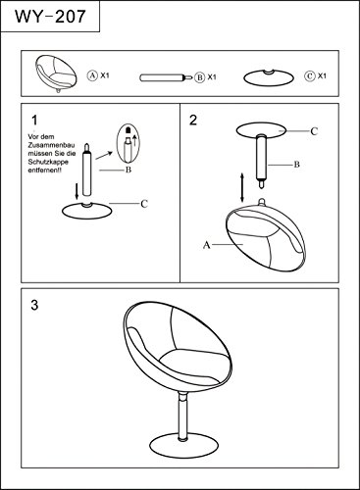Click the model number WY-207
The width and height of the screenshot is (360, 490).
pyautogui.click(x=50, y=16)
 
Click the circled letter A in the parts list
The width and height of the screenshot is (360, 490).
pyautogui.click(x=92, y=75)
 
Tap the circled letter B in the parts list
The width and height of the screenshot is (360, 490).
pyautogui.click(x=199, y=77)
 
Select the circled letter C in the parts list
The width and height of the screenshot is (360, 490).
pyautogui.click(x=309, y=76)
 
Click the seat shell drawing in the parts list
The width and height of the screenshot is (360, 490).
pyautogui.click(x=56, y=73)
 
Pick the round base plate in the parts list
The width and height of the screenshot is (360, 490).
pyautogui.click(x=269, y=77)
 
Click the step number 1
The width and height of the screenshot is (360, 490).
pyautogui.click(x=34, y=121)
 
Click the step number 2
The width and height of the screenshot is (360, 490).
pyautogui.click(x=193, y=121)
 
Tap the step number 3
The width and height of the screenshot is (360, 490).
pyautogui.click(x=34, y=305)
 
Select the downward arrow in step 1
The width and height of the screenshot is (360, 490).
pyautogui.click(x=77, y=191)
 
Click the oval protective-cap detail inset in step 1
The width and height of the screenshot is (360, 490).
pyautogui.click(x=129, y=143)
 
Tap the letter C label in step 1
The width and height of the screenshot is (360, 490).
pyautogui.click(x=144, y=204)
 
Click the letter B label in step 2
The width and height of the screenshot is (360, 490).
pyautogui.click(x=296, y=165)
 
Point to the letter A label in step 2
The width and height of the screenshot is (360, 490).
pyautogui.click(x=207, y=245)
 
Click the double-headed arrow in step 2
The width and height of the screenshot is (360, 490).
pyautogui.click(x=242, y=187)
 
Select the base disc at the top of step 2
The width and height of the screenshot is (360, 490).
pyautogui.click(x=261, y=130)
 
